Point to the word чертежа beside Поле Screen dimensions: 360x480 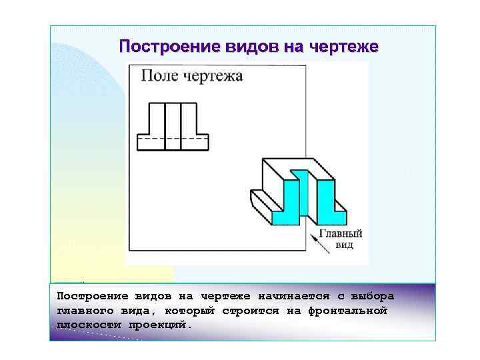[x=212, y=76]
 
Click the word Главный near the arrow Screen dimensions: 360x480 [x=341, y=234]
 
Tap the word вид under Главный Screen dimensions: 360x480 [x=344, y=245]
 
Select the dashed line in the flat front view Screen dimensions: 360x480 [x=173, y=139]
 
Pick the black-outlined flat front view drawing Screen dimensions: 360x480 [x=173, y=127]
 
